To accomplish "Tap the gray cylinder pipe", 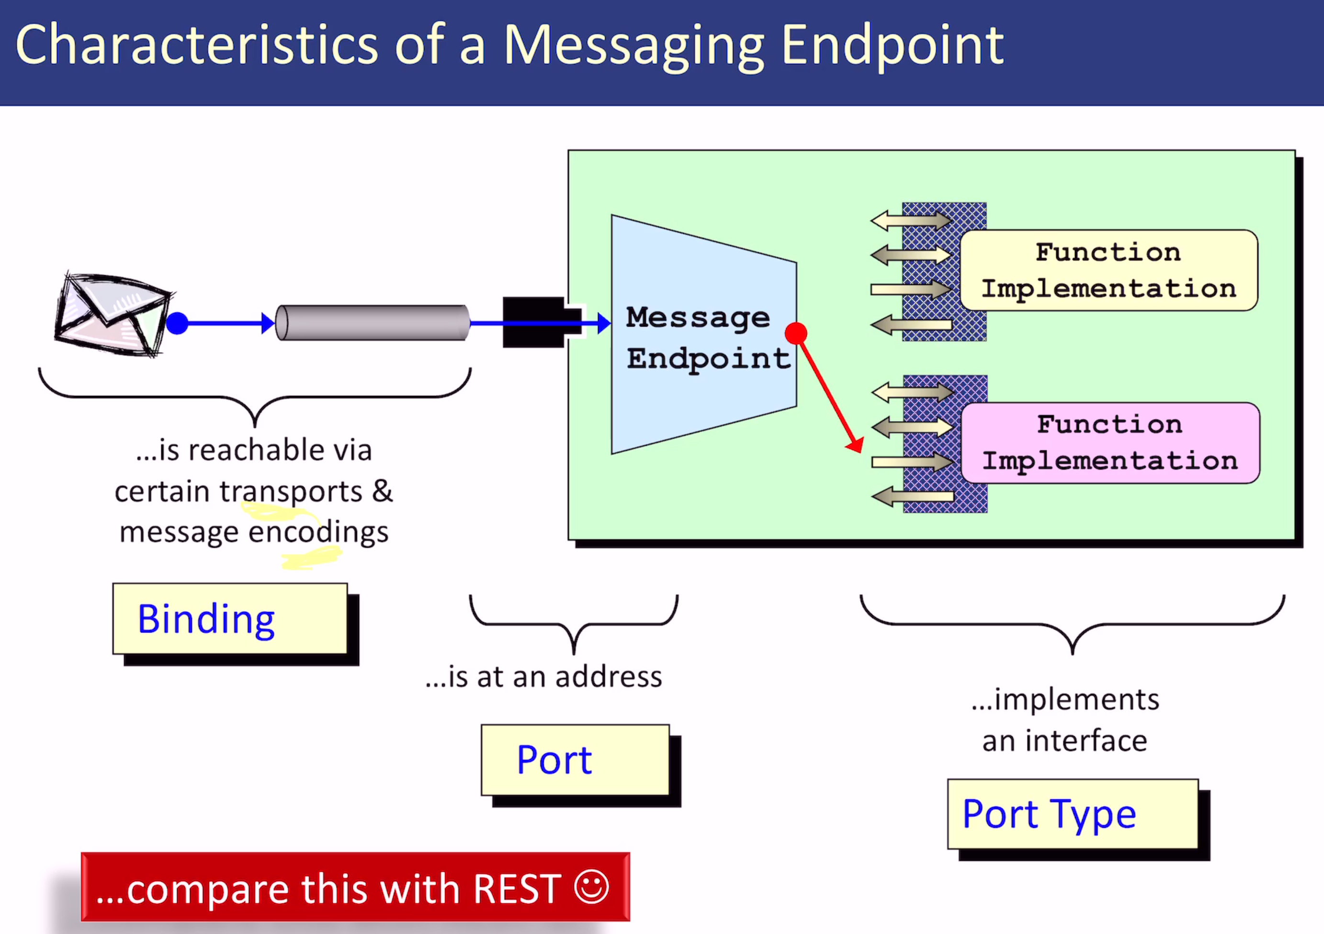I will pos(373,323).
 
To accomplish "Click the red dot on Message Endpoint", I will pos(796,333).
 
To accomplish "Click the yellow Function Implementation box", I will pos(1109,270).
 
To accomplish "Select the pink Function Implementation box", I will pos(1110,443).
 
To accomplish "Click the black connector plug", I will pos(536,322).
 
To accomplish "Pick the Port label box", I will pos(575,760).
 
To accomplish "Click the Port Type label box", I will pos(1073,814).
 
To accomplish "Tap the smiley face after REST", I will pos(591,887).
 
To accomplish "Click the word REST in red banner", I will pos(517,889).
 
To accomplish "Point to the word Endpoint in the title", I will pos(892,46).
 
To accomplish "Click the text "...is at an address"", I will pos(543,677).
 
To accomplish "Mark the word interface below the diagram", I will pos(1086,741).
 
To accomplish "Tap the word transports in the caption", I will pos(291,492).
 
